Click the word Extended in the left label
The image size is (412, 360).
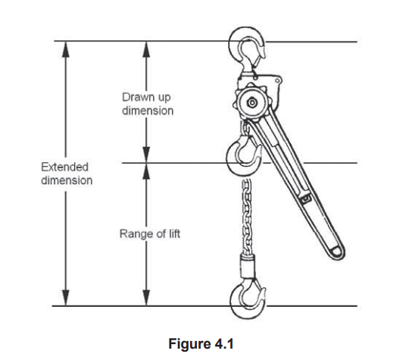[x=64, y=167]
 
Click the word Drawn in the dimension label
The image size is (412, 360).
[x=136, y=97]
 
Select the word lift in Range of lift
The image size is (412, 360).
[x=174, y=233]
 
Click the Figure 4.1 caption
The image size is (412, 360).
[x=201, y=343]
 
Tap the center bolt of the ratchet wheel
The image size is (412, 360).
[x=251, y=102]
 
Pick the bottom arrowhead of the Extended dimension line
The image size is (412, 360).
[x=66, y=298]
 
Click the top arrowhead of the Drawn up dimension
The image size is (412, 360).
[x=146, y=49]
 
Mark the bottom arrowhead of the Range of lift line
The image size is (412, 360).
[x=146, y=298]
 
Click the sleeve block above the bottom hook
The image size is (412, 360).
[x=248, y=266]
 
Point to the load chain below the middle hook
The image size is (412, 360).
[x=247, y=217]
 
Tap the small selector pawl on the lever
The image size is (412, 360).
[x=305, y=198]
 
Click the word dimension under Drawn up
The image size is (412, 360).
[x=148, y=111]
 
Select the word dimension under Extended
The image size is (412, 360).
[x=67, y=180]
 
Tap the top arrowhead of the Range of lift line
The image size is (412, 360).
[x=146, y=171]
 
